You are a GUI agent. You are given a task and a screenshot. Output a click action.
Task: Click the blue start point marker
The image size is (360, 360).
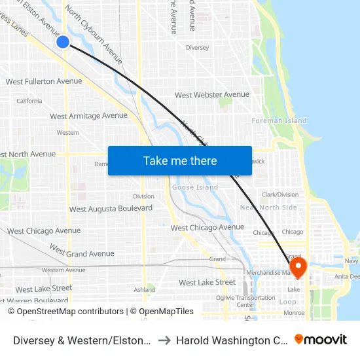[63, 42]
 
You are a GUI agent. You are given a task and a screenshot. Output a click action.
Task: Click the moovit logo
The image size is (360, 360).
[321, 340]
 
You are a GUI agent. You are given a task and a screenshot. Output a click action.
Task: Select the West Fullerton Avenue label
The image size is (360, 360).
[44, 82]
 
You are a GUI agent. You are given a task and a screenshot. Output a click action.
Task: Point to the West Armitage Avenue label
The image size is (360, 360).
[89, 116]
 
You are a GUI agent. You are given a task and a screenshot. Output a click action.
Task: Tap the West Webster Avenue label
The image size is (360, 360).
[212, 95]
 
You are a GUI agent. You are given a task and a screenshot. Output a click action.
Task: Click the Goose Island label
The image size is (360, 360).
[194, 187]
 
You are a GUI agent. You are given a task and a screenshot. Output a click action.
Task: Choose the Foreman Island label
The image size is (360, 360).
[279, 120]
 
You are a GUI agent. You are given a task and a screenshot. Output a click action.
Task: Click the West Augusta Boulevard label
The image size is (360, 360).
[111, 209]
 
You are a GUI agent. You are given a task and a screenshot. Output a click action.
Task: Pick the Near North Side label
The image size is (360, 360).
[268, 207]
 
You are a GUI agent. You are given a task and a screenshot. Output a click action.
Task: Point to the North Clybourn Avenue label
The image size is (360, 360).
[94, 33]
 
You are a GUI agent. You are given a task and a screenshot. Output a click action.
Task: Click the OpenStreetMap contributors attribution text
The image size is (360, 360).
[65, 312]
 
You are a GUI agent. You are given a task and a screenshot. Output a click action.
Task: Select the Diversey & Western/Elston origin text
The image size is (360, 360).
[82, 340]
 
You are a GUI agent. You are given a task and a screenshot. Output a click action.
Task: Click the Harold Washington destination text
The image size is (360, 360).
[230, 340]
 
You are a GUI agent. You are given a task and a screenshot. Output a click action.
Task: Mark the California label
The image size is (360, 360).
[29, 101]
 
